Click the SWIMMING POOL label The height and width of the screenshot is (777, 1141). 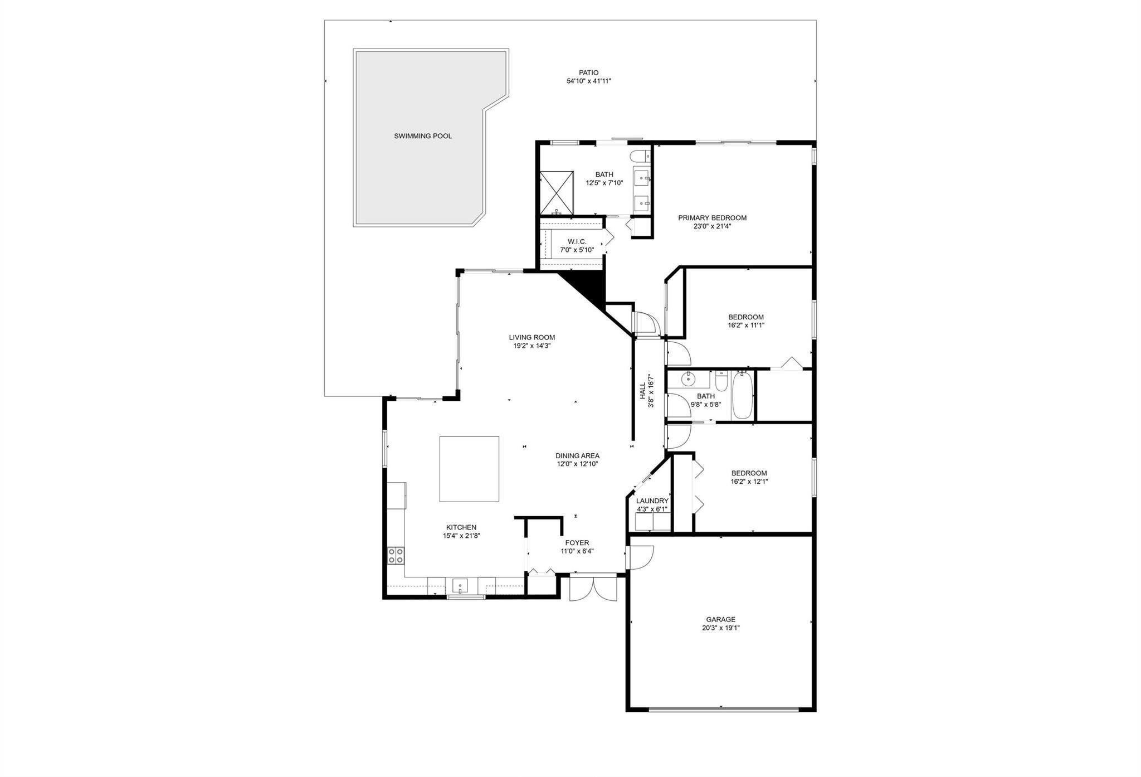click(423, 136)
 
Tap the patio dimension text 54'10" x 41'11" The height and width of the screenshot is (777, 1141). click(589, 81)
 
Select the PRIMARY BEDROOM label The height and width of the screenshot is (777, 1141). click(712, 218)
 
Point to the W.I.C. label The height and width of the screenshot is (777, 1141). click(577, 241)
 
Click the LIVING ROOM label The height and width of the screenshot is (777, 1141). click(532, 337)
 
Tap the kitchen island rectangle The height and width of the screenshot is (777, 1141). click(469, 469)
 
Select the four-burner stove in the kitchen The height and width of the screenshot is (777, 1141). click(396, 556)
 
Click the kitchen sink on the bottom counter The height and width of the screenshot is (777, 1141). click(461, 585)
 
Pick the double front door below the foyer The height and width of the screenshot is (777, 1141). click(593, 588)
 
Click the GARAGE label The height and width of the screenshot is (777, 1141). click(721, 619)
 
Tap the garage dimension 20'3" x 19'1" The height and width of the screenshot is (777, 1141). click(721, 628)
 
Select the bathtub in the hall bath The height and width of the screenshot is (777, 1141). click(742, 395)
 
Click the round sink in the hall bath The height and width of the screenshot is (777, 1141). click(689, 380)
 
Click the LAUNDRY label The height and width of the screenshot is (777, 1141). click(652, 501)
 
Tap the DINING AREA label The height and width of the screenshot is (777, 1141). click(577, 456)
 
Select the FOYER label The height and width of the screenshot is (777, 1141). click(577, 543)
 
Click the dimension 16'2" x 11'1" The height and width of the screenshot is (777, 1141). click(746, 326)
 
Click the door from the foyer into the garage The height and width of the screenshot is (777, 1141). click(640, 557)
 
